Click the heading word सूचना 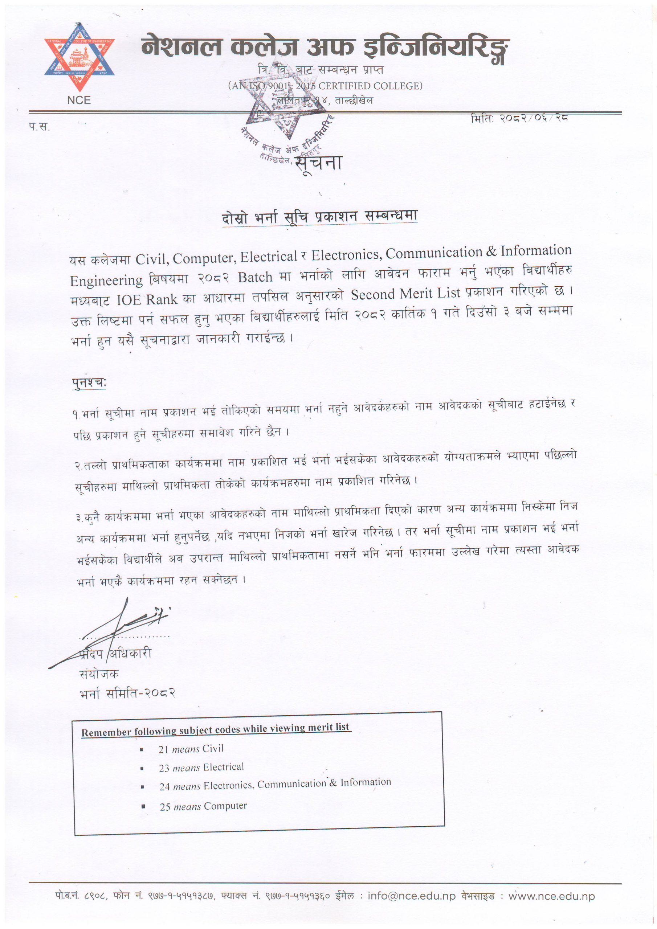click(x=319, y=163)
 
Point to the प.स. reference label click(x=39, y=127)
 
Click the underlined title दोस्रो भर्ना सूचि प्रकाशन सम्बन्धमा click(x=319, y=217)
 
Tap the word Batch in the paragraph click(x=255, y=278)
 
